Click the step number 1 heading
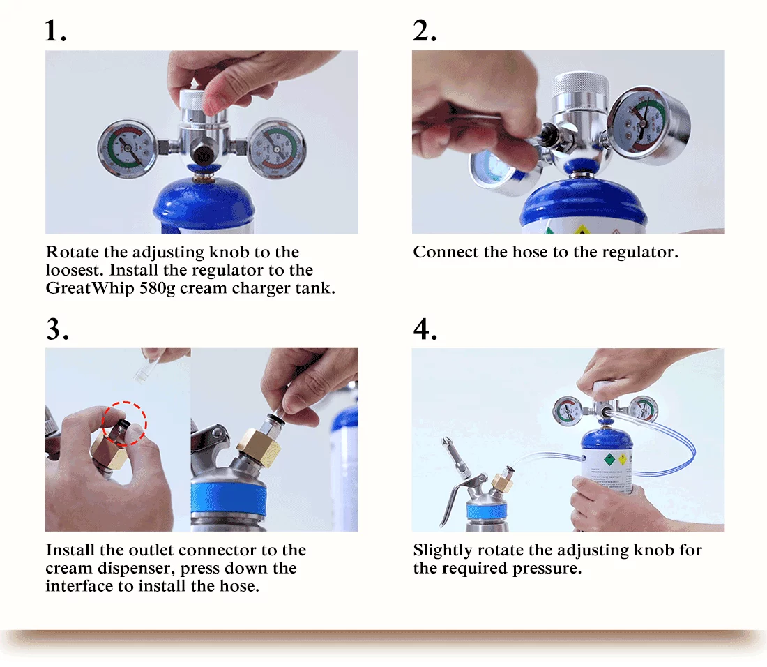(55, 31)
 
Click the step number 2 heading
(424, 31)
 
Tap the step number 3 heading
(57, 329)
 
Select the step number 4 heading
(425, 329)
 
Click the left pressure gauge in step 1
(126, 148)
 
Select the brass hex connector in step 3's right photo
(259, 446)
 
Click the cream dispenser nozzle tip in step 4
(446, 444)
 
